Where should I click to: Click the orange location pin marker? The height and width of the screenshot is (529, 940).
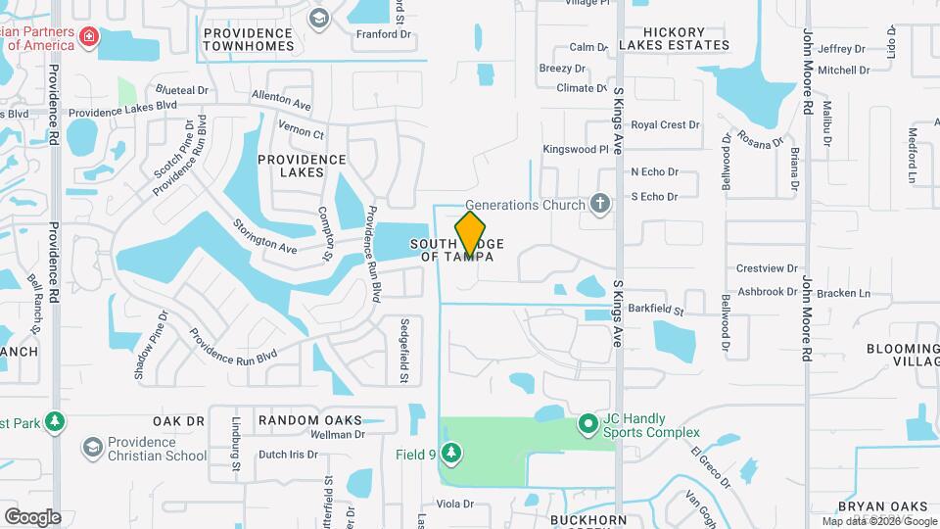point(471,233)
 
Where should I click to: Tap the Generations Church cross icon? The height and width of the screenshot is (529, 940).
point(600,205)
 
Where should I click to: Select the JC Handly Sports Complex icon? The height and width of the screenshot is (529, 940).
point(588,424)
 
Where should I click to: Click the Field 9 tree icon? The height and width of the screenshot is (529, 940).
point(450,454)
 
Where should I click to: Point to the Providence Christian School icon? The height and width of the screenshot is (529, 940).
point(93,448)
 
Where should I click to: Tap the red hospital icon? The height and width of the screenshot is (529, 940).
point(90,37)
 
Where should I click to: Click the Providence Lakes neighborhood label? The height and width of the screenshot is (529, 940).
point(302,166)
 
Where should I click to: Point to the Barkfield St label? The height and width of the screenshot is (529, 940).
point(655,309)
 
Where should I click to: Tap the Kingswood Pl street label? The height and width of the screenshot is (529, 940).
point(577,150)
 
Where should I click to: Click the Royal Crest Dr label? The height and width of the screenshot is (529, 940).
point(665,125)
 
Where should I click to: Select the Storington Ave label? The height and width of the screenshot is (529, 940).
point(265,236)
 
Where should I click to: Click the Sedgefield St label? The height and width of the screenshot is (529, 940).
point(403,350)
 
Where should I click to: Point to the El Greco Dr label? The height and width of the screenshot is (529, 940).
point(710,468)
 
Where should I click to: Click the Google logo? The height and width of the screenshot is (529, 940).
point(32,516)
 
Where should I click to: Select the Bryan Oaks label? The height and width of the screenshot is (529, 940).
point(882,506)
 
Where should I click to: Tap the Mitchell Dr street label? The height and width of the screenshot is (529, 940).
point(844,71)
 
